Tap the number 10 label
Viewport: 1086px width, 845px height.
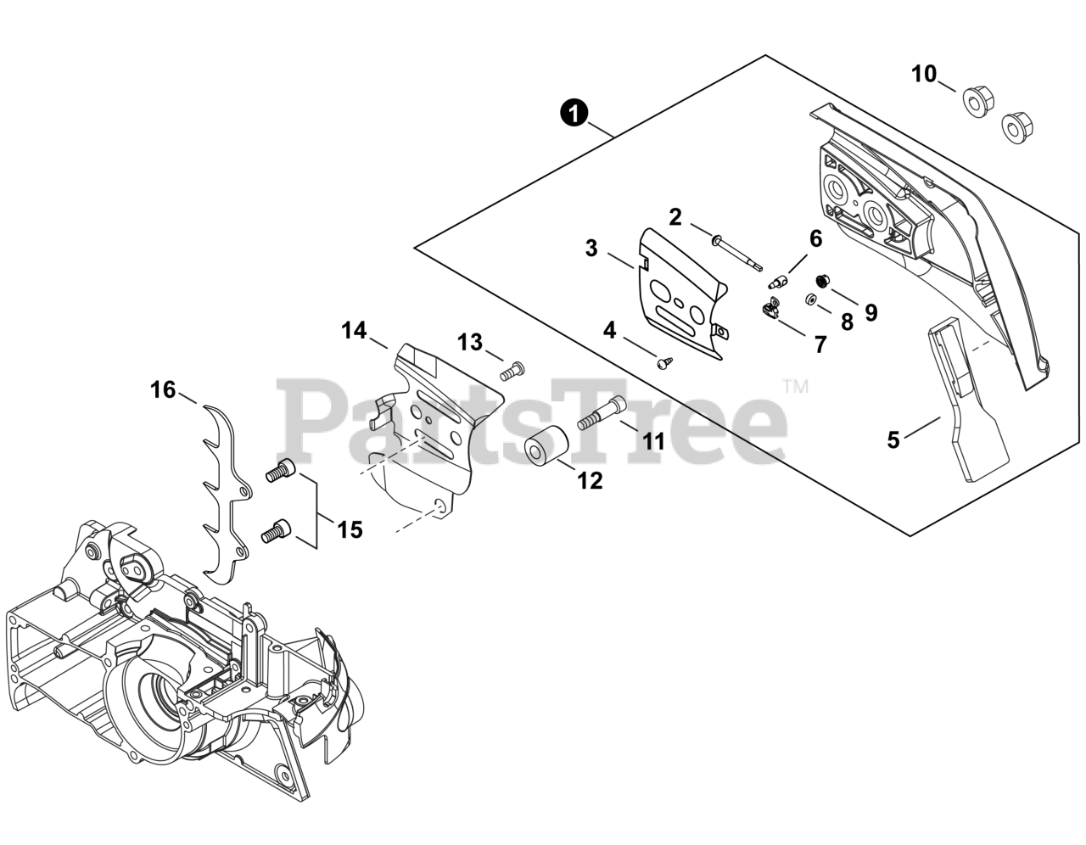[924, 74]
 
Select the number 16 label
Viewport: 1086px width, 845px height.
[163, 389]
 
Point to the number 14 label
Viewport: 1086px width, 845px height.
[355, 330]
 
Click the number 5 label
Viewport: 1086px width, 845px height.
[893, 439]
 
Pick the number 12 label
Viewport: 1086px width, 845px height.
[590, 480]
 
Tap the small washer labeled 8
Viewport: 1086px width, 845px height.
[812, 298]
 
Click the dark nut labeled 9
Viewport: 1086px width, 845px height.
[821, 280]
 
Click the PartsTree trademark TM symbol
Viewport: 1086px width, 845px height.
[795, 387]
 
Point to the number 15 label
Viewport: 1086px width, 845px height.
[349, 530]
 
